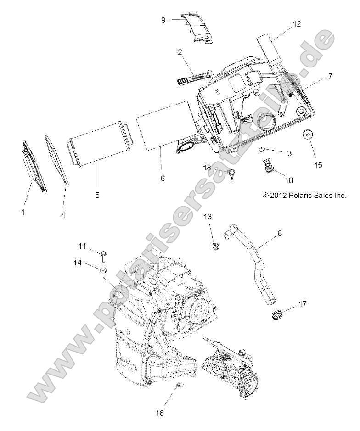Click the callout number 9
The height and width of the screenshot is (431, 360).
coord(163,20)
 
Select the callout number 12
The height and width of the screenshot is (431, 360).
coord(297,24)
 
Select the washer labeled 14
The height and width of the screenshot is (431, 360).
coord(104,268)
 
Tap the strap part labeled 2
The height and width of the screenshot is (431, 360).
coord(193,76)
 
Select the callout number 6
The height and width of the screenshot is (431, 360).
coord(163,178)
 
